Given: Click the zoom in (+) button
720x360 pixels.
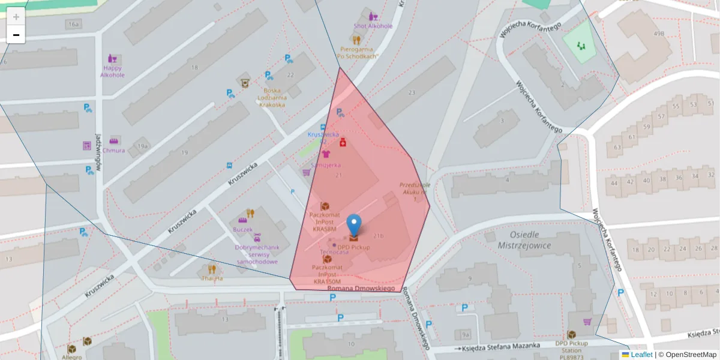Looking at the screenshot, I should (16, 17).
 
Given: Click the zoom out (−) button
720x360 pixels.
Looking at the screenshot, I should (16, 35).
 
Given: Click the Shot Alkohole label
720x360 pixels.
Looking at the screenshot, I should (373, 26).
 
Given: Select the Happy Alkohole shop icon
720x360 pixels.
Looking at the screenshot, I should (112, 59).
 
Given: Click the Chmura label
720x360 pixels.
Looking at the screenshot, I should (113, 151).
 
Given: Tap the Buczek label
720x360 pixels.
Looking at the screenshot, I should (242, 230).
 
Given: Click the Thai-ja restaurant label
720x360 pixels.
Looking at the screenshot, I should (211, 278).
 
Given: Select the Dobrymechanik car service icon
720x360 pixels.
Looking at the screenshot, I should (257, 238).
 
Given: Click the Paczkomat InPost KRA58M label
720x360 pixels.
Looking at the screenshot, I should (325, 221).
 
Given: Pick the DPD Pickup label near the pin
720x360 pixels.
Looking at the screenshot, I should (353, 247).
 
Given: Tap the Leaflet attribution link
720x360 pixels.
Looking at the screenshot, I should (641, 355).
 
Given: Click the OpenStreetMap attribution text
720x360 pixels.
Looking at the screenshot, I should (691, 355).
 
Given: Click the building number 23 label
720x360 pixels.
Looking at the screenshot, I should (411, 93).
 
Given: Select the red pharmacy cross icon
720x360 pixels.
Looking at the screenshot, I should (343, 142).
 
